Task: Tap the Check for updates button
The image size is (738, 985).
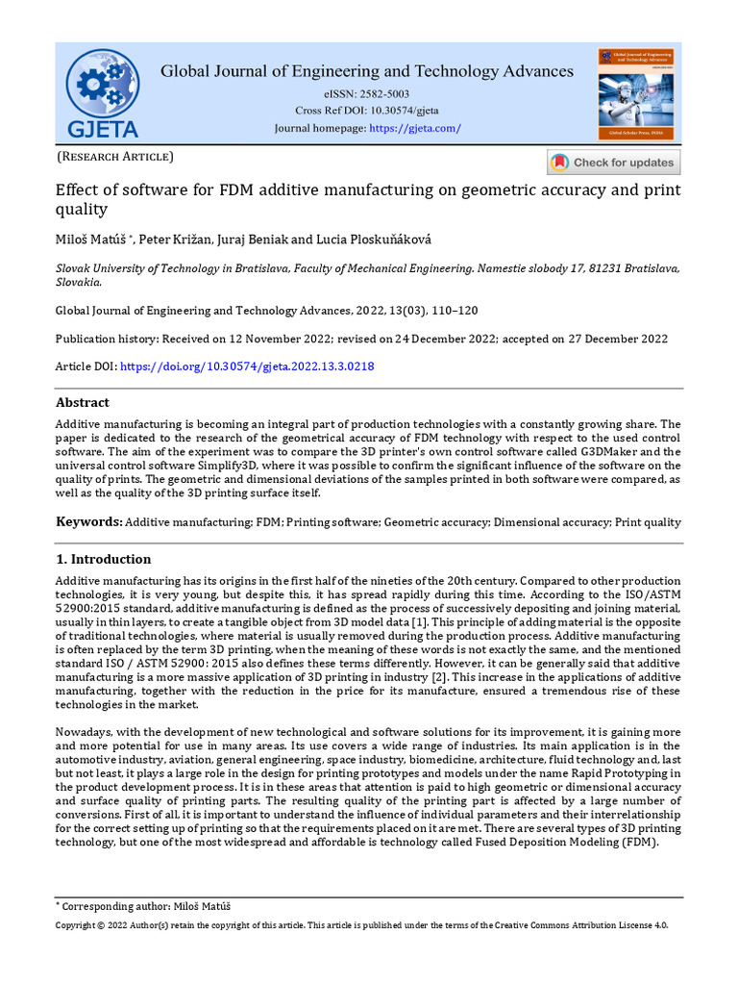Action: (x=614, y=163)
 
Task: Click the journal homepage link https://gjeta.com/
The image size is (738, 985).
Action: (x=415, y=128)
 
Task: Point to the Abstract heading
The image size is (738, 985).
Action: (x=83, y=402)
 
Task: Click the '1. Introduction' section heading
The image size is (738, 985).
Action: (x=103, y=559)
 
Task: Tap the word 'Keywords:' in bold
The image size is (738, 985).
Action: (x=88, y=522)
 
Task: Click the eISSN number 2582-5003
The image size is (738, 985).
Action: (x=381, y=94)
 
